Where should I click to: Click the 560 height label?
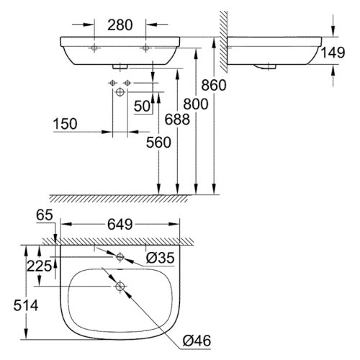coord(157,142)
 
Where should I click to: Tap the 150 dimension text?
coord(66,125)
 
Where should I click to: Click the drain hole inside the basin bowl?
coord(120,286)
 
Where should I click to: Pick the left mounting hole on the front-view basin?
coord(94,48)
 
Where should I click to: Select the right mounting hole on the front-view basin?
coord(146,48)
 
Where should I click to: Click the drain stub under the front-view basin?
coord(120,65)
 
